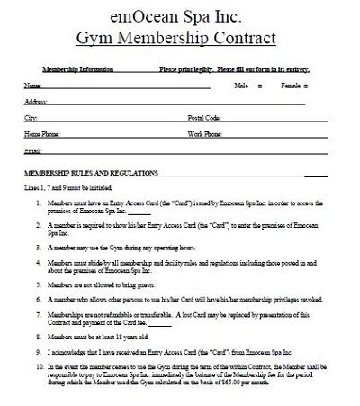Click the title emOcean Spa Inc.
[x=179, y=16]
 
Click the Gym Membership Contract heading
[x=179, y=41]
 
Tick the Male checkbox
[x=260, y=86]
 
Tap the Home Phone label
[x=40, y=134]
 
